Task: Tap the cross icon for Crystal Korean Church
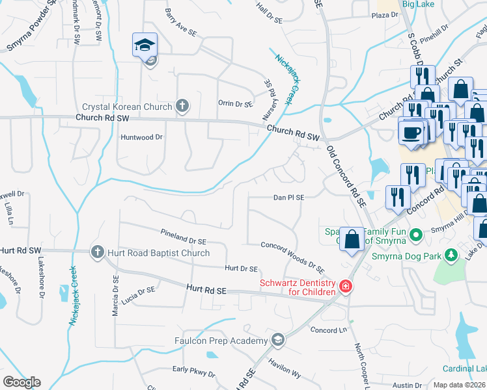pos(182,106)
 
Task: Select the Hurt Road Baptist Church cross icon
pos(98,252)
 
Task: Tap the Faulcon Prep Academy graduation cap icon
pos(278,340)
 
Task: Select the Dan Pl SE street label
pos(288,196)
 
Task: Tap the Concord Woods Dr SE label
pos(292,257)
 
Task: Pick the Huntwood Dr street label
pos(141,137)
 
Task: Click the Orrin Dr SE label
pos(235,103)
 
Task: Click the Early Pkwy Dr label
pos(193,370)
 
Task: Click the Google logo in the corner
pos(21,382)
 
